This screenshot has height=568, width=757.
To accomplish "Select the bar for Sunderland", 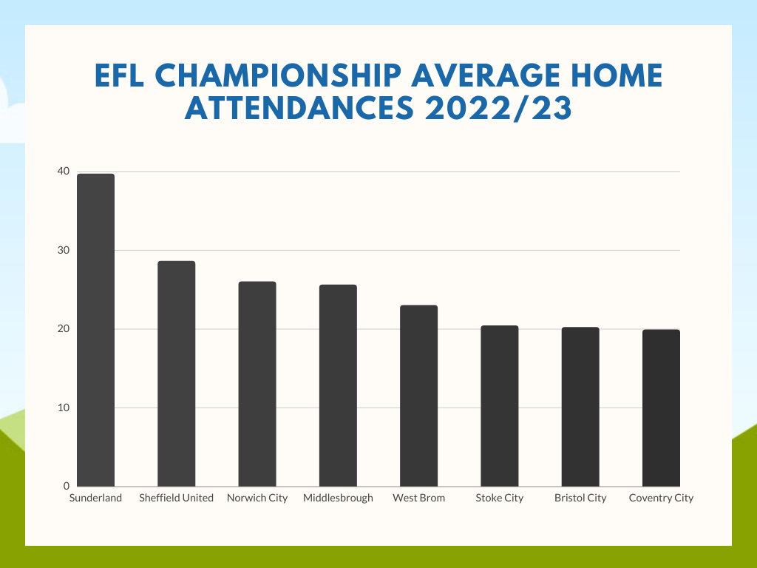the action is (95, 330).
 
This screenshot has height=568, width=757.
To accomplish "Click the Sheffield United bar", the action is (176, 373).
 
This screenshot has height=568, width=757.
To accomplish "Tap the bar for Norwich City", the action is (257, 384).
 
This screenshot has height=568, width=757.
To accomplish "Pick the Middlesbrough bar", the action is (338, 385).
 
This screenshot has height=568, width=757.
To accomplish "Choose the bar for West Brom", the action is (418, 396).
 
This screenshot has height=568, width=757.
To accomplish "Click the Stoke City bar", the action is (499, 406).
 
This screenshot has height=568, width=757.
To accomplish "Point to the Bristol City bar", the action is (580, 407).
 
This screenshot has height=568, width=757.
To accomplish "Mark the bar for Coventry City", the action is (661, 408).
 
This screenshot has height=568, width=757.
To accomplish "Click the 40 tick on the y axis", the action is (64, 171).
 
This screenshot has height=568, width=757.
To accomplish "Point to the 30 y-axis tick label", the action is (64, 250).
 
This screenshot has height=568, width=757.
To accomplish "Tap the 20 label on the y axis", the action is (64, 329).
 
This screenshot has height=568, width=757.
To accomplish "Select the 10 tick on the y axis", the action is (64, 408).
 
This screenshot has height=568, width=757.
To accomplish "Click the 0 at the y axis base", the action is (66, 486).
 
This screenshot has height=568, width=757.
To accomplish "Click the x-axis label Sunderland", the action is (95, 498).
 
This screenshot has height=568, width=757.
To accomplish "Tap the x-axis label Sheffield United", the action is (176, 498).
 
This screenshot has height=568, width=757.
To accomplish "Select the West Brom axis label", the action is (418, 498).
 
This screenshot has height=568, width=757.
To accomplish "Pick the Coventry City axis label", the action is (661, 498).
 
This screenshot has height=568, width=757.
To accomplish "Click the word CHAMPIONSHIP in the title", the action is (278, 75).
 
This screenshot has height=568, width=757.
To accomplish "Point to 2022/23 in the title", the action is (498, 108).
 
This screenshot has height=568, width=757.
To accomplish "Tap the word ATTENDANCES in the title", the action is (299, 108).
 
